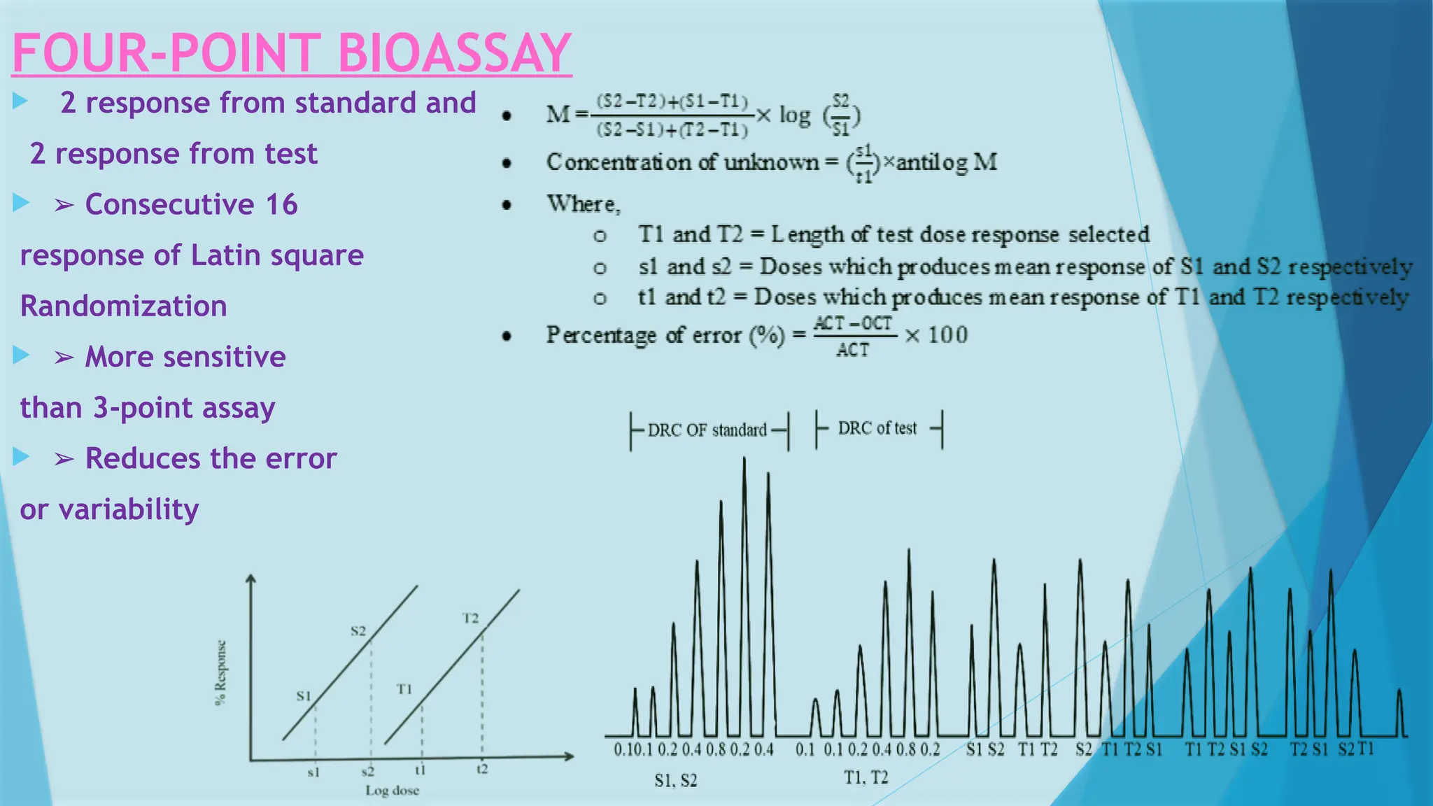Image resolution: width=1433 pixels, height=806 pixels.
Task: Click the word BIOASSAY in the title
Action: click(455, 53)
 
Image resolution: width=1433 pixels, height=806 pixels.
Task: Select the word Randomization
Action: click(123, 306)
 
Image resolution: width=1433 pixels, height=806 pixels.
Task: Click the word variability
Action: click(129, 509)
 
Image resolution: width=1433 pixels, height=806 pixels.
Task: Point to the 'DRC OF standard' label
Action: click(707, 430)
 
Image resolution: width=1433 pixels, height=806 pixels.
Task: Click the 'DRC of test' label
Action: click(877, 428)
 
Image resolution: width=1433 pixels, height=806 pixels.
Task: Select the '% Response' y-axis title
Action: click(221, 673)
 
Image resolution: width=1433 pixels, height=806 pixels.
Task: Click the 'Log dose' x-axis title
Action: click(392, 791)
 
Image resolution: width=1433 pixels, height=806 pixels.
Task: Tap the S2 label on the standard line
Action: click(358, 631)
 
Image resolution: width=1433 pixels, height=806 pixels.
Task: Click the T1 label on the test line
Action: click(404, 689)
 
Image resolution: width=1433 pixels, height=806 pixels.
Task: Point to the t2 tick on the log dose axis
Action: click(482, 770)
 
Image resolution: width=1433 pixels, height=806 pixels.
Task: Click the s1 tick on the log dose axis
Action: click(313, 772)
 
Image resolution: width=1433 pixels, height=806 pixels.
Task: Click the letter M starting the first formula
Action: click(558, 114)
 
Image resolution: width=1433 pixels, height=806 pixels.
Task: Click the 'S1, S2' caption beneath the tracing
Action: click(675, 780)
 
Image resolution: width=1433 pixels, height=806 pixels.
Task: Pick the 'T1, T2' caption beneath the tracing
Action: click(866, 777)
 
